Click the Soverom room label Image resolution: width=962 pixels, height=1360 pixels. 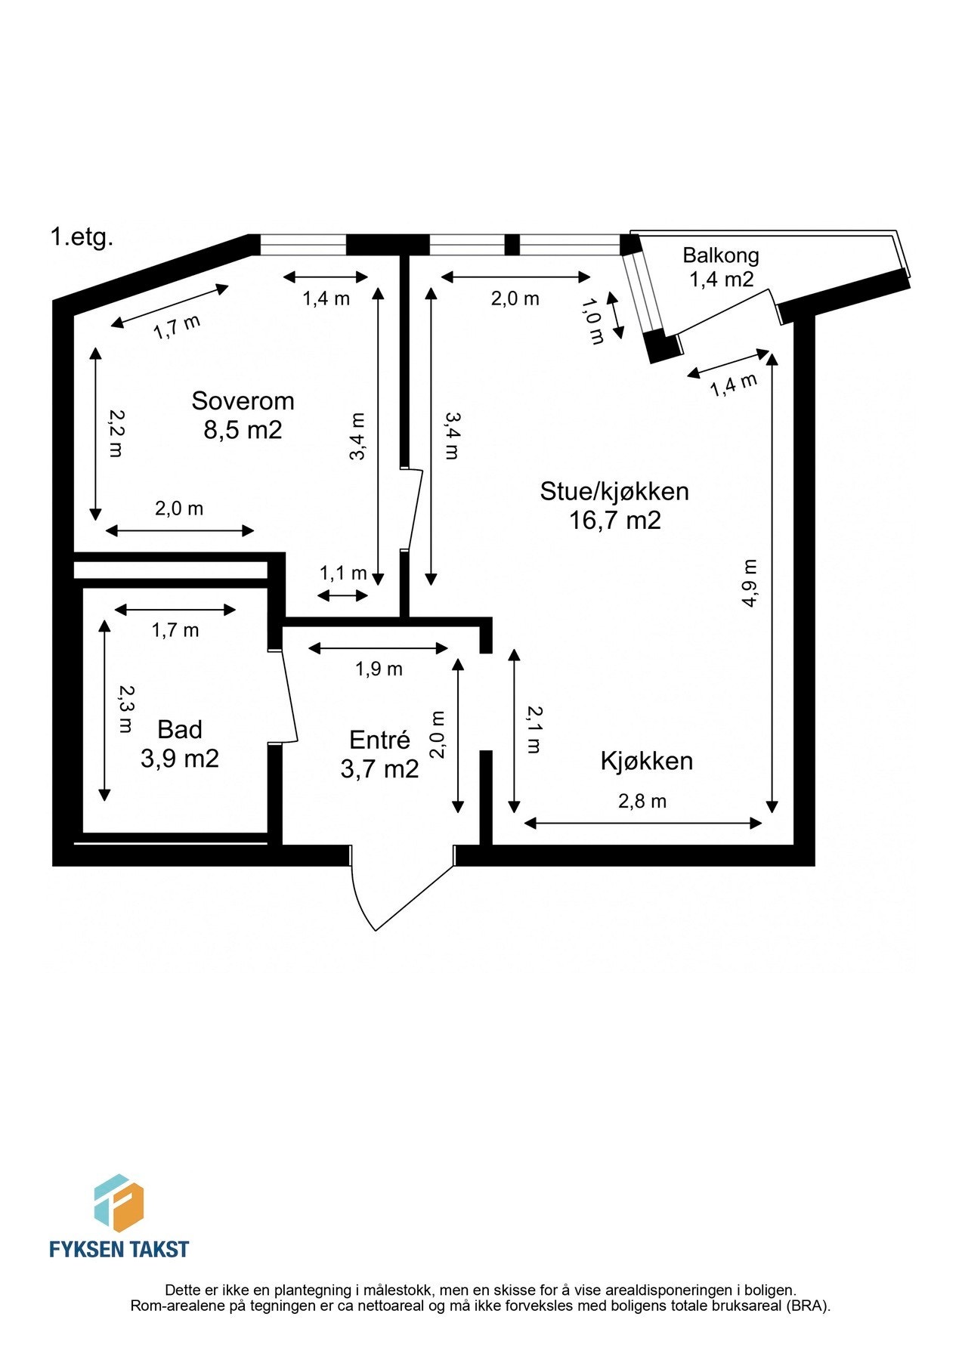pos(243,400)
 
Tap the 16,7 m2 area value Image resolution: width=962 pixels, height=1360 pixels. pos(614,521)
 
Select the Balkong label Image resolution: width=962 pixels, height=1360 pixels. pos(720,255)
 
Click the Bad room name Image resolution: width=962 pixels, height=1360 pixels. pos(180,730)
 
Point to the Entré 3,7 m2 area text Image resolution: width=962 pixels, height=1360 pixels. pos(379,769)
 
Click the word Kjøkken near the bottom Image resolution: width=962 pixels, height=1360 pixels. pos(646,761)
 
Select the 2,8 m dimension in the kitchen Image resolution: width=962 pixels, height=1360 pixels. pos(642,802)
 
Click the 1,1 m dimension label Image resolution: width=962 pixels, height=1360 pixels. pos(342,573)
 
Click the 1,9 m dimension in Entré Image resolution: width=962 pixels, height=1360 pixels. pos(379,669)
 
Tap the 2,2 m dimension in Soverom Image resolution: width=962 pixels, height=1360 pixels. pos(116,433)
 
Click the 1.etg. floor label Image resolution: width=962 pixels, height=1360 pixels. pos(82,237)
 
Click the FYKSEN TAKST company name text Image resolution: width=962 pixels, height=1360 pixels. pos(119,1249)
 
